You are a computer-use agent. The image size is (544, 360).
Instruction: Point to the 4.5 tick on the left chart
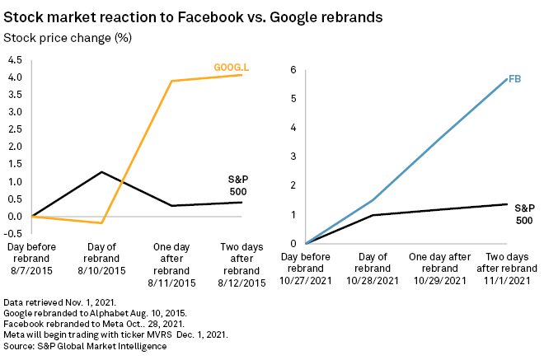coord(15,60)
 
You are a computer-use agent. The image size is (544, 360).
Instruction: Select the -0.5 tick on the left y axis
coord(13,234)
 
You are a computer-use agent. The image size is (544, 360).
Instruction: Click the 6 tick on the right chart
coord(292,70)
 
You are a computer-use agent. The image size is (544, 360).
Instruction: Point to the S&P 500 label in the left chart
coord(237,185)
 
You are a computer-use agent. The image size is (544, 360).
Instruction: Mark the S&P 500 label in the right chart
coord(524,214)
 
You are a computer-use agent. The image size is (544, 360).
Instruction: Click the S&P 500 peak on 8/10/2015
coord(101,172)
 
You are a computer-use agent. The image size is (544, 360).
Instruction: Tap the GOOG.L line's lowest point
coord(101,222)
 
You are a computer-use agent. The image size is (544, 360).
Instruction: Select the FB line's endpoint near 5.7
coord(505,79)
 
